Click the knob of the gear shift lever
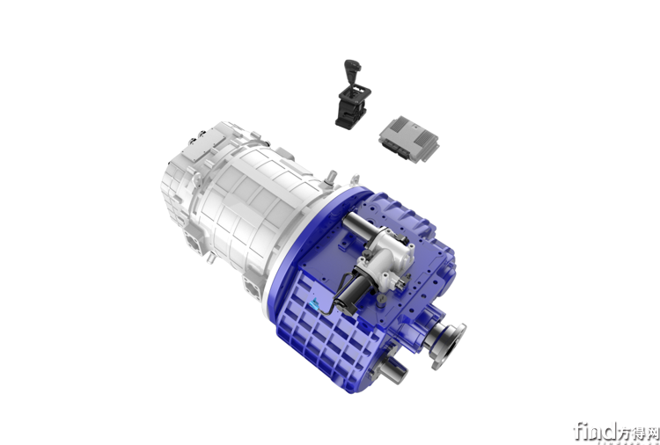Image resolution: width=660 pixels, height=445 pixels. pyautogui.click(x=351, y=66)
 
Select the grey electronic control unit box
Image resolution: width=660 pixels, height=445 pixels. pyautogui.click(x=408, y=139)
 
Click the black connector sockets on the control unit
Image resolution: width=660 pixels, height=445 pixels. pyautogui.click(x=396, y=149)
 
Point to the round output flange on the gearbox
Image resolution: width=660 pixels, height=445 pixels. pyautogui.click(x=449, y=347)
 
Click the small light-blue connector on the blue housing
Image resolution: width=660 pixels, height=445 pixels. pyautogui.click(x=314, y=303)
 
